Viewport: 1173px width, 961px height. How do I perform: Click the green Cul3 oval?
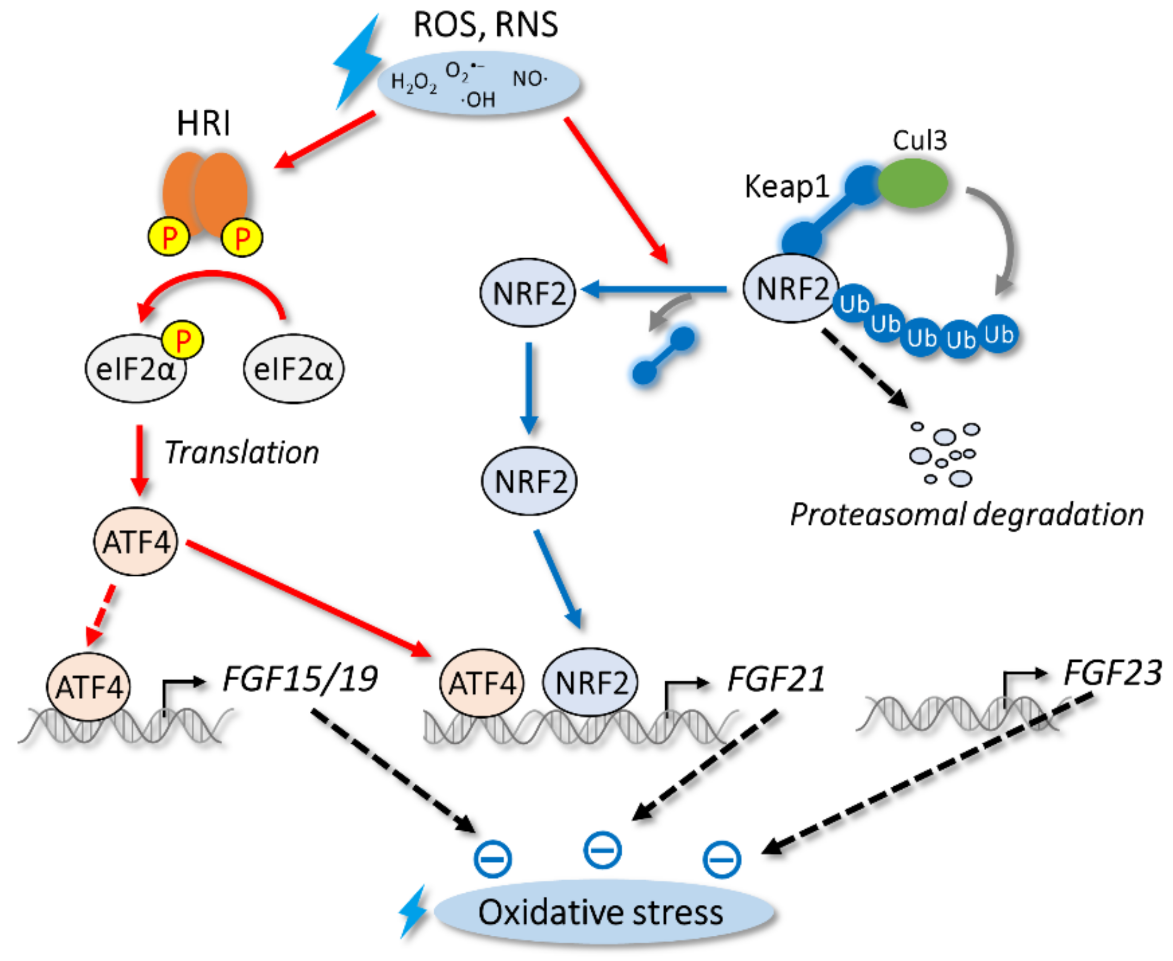(913, 183)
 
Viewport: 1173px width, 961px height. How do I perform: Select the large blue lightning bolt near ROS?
(357, 61)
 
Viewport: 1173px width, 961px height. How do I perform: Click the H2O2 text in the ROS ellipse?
(414, 83)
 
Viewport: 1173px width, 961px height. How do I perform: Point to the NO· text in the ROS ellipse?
(529, 79)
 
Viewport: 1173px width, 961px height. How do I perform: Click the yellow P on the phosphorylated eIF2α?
(182, 340)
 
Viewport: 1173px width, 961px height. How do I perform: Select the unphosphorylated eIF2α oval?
(294, 368)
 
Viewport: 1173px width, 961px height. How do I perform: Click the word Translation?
(242, 453)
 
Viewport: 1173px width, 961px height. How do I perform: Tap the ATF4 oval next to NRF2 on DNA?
(481, 683)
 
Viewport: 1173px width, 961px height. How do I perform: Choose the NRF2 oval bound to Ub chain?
(791, 289)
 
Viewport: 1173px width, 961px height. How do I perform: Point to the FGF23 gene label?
(1112, 673)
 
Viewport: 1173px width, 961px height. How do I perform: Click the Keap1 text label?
(787, 186)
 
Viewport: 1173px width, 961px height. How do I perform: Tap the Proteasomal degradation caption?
(967, 514)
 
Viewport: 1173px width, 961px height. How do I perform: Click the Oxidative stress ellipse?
(604, 912)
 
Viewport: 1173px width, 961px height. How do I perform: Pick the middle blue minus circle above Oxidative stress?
(603, 850)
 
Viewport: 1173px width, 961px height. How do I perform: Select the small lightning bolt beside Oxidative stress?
(413, 912)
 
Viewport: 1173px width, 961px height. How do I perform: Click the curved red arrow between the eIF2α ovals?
(213, 277)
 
